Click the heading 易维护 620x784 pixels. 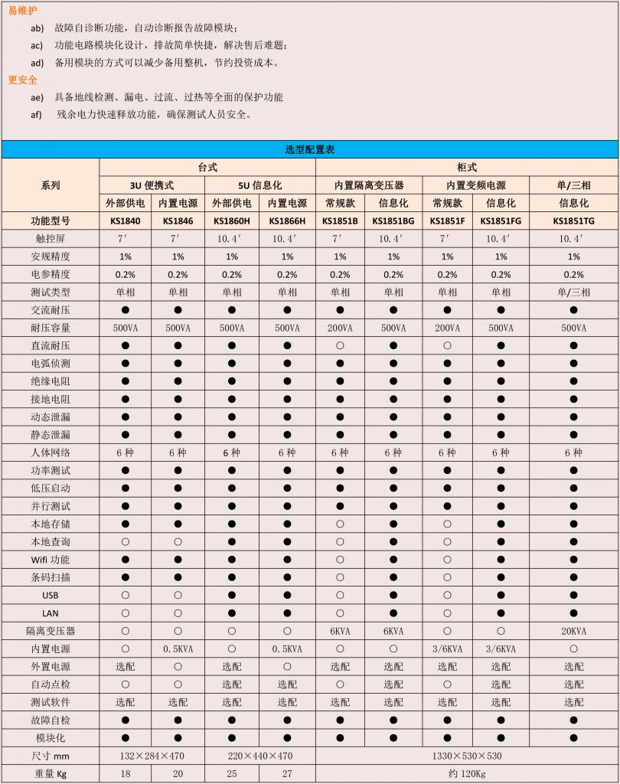pyautogui.click(x=22, y=10)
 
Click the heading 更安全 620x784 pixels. pyautogui.click(x=22, y=80)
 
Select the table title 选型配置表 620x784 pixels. pyautogui.click(x=310, y=149)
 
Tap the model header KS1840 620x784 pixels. pyautogui.click(x=125, y=220)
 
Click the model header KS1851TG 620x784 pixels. pyautogui.click(x=573, y=220)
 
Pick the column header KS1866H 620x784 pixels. pyautogui.click(x=287, y=220)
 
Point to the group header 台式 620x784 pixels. pyautogui.click(x=207, y=167)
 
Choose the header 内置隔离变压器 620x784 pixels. pyautogui.click(x=369, y=185)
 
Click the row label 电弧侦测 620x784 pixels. pyautogui.click(x=51, y=364)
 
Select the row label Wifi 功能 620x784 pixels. pyautogui.click(x=51, y=560)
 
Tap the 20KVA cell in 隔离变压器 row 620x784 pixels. pyautogui.click(x=573, y=631)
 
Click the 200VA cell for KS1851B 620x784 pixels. pyautogui.click(x=340, y=328)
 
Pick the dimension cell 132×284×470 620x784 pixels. pyautogui.click(x=152, y=756)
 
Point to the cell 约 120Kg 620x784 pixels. pyautogui.click(x=466, y=773)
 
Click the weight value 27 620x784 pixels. pyautogui.click(x=287, y=773)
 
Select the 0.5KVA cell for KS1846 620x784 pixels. pyautogui.click(x=178, y=648)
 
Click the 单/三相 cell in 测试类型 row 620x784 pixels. pyautogui.click(x=573, y=292)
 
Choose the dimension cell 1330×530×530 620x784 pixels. pyautogui.click(x=466, y=756)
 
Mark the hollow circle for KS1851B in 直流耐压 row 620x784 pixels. pyautogui.click(x=340, y=346)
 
